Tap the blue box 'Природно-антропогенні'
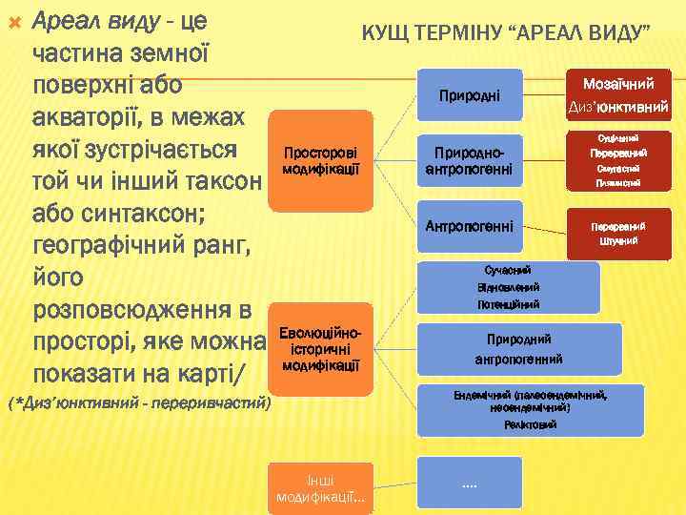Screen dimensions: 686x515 point(468,160)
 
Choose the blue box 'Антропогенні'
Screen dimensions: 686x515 point(469,226)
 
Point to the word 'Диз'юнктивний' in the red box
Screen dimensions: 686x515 point(619,107)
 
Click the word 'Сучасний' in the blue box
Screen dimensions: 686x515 point(508,270)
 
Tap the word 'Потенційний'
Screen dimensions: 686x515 point(508,304)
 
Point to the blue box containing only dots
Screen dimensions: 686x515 point(469,484)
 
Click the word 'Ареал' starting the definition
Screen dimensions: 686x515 point(66,18)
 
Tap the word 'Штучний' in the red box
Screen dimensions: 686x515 point(618,241)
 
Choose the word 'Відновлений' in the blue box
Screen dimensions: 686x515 point(508,287)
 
